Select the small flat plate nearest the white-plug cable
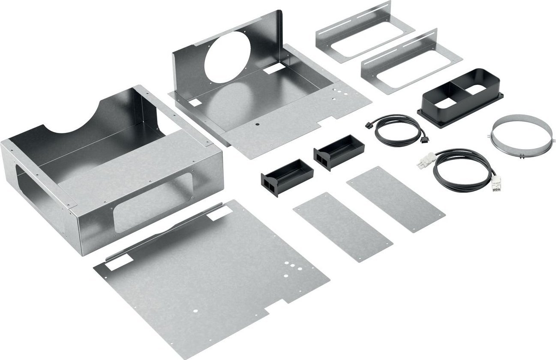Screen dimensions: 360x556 click(x=395, y=198)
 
